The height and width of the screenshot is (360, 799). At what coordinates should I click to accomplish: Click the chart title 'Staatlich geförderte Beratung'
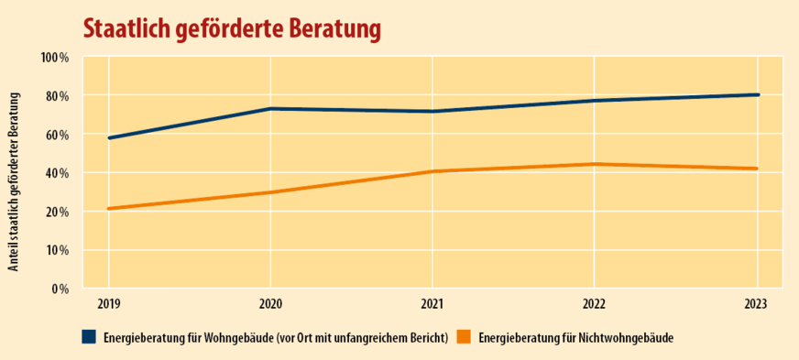231,27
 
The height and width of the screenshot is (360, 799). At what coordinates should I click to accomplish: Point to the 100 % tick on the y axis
54,58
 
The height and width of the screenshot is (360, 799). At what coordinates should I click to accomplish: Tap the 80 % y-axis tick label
57,96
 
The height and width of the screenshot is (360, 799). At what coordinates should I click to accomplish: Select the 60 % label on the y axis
57,135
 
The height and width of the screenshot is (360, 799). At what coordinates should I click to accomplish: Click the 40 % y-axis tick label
57,173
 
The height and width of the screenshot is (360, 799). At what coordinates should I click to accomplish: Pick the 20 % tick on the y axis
57,212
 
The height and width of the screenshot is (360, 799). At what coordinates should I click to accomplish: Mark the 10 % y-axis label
57,250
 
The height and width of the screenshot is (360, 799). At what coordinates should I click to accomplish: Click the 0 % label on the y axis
60,289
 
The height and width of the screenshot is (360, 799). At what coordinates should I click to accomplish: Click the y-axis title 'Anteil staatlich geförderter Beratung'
15,173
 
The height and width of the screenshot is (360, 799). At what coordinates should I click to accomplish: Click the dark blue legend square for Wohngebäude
89,337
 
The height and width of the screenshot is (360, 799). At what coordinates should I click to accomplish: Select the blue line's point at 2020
270,109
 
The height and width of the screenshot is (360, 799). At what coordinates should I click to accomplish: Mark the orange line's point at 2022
595,164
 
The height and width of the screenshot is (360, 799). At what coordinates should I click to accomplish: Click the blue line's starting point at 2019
109,138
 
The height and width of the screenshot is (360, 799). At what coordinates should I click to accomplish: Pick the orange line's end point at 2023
757,169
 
